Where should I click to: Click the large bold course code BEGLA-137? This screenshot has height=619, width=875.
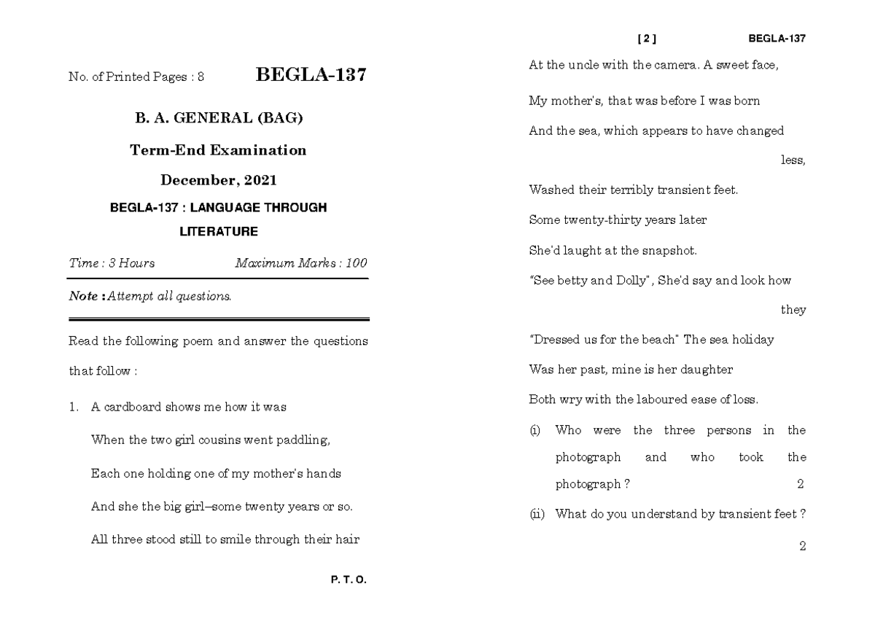[311, 75]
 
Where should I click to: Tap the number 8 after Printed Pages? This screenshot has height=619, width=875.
[201, 77]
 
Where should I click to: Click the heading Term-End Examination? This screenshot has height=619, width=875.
[218, 151]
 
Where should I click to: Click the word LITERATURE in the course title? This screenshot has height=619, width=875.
[219, 232]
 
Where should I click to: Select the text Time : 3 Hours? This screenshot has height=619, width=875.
[112, 263]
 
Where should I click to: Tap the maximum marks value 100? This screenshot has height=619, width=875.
[356, 263]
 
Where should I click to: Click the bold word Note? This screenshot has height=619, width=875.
[82, 297]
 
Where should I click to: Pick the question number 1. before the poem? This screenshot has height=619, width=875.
[73, 408]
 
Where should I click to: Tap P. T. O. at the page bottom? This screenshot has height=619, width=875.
[349, 580]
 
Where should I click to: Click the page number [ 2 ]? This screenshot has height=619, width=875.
[647, 39]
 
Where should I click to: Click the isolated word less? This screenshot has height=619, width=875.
[793, 161]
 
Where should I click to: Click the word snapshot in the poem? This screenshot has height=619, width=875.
[668, 251]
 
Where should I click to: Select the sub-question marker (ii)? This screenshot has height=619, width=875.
[536, 514]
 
